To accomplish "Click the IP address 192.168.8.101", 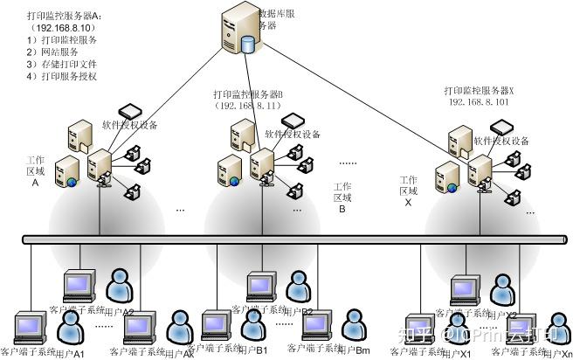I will [480, 102].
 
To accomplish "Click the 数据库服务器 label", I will [278, 20].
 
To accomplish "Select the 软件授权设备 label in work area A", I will [130, 125].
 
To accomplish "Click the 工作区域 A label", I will [35, 171].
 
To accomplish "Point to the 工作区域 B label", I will [342, 197].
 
